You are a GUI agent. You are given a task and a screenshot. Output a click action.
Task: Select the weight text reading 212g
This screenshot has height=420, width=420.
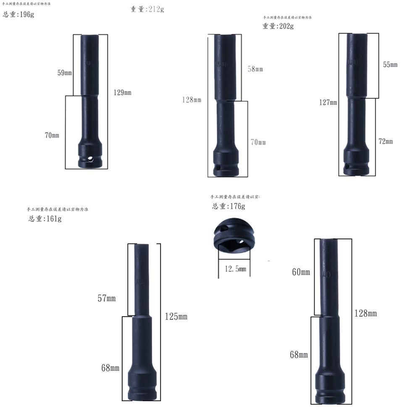(147, 9)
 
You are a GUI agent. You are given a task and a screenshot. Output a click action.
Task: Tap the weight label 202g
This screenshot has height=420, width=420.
(278, 26)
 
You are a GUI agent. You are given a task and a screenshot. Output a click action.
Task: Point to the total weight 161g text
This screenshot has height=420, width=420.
(45, 219)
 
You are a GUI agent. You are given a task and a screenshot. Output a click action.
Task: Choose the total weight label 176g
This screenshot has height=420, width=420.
(228, 206)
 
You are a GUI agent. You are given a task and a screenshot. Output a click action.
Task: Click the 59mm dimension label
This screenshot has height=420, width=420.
(65, 73)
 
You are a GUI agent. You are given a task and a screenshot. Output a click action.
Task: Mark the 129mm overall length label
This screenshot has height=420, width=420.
(122, 92)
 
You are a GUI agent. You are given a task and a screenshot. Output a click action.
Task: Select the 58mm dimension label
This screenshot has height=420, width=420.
(255, 69)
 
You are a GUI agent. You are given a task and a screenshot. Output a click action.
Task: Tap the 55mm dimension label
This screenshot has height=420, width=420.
(390, 65)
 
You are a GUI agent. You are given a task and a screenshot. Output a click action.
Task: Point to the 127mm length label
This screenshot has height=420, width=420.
(328, 102)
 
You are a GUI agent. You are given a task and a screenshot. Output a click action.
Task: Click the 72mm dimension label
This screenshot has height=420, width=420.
(386, 142)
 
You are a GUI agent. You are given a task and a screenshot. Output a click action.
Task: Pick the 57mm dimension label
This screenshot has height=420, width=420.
(106, 299)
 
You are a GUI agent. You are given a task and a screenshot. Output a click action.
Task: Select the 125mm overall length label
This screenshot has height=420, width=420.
(176, 316)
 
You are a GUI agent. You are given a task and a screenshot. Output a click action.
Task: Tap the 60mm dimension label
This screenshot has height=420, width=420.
(301, 272)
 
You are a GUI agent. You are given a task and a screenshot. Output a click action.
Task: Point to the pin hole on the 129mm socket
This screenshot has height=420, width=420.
(91, 159)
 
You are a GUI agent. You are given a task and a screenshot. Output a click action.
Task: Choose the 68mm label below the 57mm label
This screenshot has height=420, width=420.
(110, 368)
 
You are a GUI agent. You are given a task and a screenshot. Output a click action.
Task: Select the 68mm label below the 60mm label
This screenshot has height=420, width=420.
(299, 355)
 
